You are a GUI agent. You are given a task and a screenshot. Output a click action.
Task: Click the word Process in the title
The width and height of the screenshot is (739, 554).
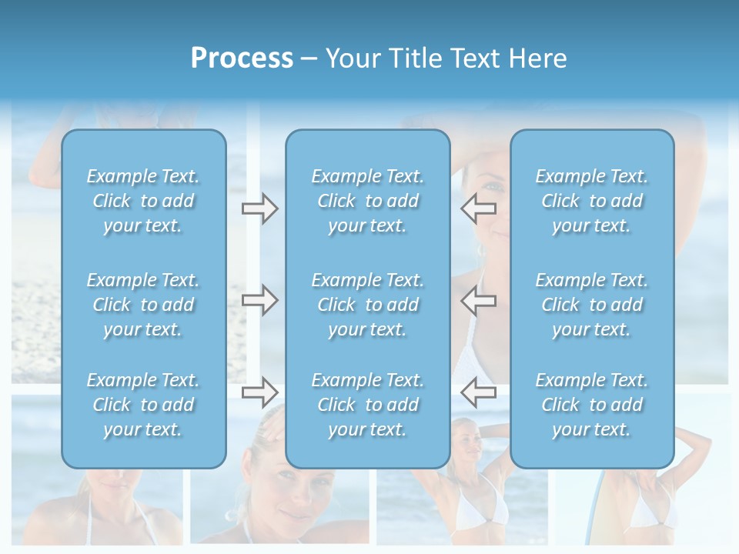(242, 58)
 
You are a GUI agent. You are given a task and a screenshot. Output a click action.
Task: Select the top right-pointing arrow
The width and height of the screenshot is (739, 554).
(259, 209)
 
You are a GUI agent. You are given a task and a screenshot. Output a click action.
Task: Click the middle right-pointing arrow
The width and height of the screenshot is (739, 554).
(259, 300)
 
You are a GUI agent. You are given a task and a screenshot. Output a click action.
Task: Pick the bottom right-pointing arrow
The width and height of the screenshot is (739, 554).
(259, 392)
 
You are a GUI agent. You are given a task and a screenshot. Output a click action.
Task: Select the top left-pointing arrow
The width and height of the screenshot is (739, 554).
(479, 209)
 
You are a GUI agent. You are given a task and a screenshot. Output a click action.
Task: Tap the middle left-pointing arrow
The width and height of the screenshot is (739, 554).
(479, 300)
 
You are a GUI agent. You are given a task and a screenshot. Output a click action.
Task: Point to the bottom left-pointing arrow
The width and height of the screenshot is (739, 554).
(479, 392)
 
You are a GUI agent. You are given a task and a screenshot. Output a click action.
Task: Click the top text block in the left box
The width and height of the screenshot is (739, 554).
(143, 201)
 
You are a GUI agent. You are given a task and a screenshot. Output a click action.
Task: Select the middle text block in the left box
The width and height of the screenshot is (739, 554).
(143, 305)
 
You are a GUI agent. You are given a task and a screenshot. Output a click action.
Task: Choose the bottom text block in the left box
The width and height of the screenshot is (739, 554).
(143, 405)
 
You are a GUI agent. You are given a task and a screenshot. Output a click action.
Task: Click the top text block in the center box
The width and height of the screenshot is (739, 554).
(368, 201)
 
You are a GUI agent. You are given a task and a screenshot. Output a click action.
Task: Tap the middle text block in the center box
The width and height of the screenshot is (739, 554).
(368, 305)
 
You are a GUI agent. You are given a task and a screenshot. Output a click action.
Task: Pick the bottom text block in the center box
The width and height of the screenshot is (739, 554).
(368, 405)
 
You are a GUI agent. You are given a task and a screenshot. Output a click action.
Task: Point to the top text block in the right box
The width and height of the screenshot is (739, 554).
(592, 201)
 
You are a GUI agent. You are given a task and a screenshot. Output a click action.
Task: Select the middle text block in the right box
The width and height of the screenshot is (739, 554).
(592, 305)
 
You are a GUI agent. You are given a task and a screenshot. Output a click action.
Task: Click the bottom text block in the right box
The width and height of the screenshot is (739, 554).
(592, 405)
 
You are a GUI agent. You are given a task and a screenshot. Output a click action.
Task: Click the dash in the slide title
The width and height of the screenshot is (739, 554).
(309, 59)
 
